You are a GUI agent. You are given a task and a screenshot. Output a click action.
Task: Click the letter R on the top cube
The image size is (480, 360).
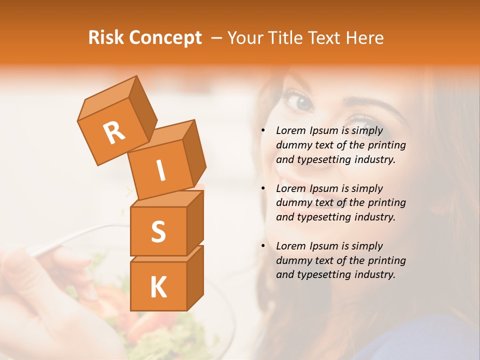[x=114, y=132]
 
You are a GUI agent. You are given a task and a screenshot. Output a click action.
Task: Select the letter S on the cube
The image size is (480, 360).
[x=158, y=231]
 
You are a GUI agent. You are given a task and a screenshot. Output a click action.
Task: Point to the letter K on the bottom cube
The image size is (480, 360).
[x=158, y=287]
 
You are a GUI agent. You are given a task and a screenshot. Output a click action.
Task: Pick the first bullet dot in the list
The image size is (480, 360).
[x=263, y=130]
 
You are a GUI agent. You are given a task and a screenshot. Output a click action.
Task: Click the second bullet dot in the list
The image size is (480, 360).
[x=263, y=188]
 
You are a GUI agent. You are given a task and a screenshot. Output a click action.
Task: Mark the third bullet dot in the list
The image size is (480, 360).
[x=263, y=246]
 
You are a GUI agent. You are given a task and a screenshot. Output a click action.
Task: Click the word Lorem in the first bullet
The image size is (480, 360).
[x=290, y=130]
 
